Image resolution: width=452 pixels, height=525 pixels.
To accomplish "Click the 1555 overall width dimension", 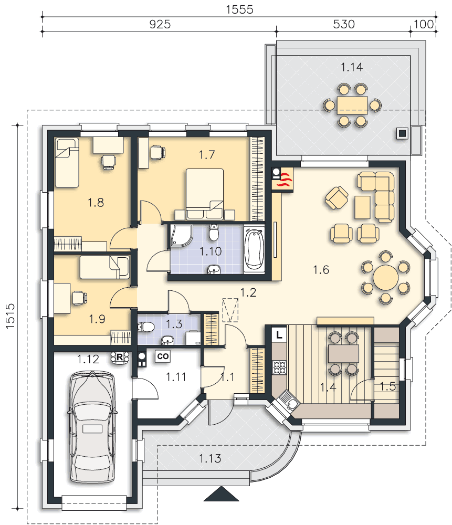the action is coord(239,9).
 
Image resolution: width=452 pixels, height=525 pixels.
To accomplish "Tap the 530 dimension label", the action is coord(344,24).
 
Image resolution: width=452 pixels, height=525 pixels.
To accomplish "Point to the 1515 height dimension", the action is coord(10,316).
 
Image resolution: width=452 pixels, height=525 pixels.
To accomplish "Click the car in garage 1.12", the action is coord(92,426).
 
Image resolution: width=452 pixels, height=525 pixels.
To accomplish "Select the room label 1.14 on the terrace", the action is coord(352,67).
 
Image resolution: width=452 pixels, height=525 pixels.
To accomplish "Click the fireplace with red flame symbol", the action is coord(282,180).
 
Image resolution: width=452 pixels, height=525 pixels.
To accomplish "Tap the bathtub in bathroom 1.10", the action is coord(254,249).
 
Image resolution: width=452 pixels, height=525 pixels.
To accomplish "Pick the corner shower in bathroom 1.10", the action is coord(182,236).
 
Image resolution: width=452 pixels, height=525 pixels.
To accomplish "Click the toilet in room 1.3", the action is coord(145,327).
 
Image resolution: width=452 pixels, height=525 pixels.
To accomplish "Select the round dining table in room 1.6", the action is coord(386,277).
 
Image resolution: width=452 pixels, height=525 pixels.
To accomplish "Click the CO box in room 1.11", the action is coord(163,356).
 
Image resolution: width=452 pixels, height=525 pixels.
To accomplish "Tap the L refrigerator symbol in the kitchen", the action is coord(279,334).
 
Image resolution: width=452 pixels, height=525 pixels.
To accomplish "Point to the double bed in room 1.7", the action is coord(205,194).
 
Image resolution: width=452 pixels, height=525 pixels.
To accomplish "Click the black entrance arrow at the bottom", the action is coord(222,494).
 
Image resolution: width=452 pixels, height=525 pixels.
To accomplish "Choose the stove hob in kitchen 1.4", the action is coord(279,367).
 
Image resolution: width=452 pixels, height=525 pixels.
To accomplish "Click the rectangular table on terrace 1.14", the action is coord(352,105).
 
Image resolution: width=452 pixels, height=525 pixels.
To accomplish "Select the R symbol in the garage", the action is coord(120,357).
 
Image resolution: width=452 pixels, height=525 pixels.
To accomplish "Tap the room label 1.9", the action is coord(97,319).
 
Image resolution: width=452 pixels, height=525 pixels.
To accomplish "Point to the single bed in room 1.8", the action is coord(67,163).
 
